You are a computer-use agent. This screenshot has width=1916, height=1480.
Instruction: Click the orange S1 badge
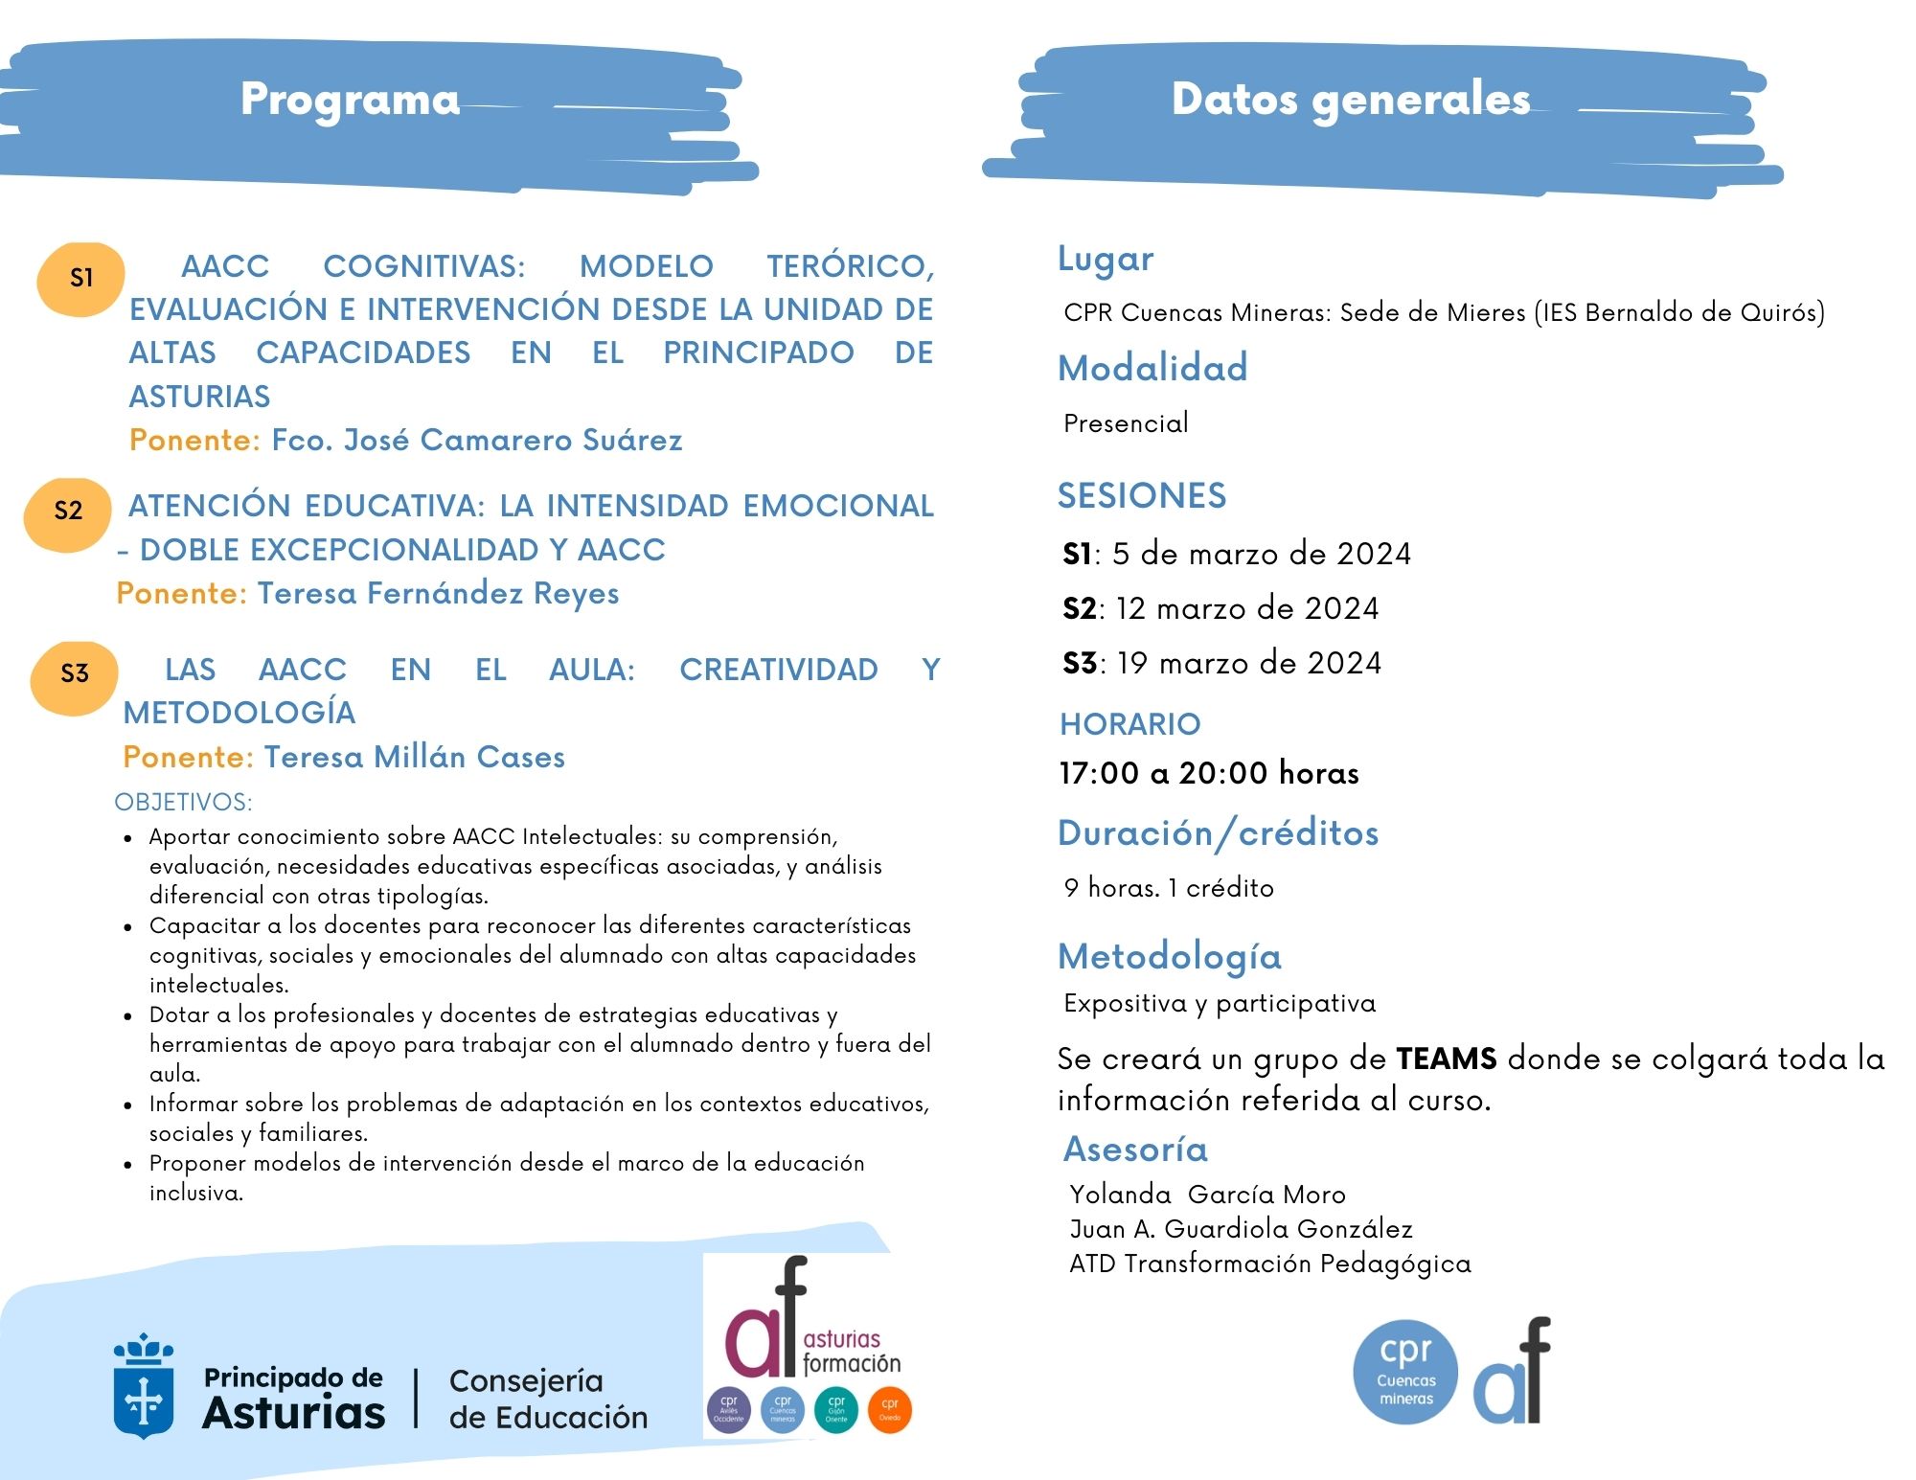pos(81,278)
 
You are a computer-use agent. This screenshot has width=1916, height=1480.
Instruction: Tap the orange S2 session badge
pos(68,511)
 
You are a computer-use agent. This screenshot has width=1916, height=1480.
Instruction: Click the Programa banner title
pos(351,99)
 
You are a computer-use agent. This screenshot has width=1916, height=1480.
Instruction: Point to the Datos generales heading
pos(1351,99)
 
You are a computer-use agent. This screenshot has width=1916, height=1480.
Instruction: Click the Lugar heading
pos(1106,259)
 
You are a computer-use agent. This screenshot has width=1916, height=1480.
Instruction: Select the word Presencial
pos(1126,423)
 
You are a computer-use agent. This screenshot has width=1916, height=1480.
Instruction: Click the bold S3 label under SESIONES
pos(1080,663)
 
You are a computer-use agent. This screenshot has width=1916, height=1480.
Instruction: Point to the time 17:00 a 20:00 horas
pos(1209,773)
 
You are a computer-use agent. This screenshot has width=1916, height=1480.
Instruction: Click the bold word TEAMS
pos(1447,1059)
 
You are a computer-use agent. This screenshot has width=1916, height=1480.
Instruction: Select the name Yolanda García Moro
pos(1207,1195)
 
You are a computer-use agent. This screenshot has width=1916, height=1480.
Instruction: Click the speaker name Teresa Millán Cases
pos(415,757)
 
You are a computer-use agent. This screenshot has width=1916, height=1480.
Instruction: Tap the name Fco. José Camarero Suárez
pos(477,440)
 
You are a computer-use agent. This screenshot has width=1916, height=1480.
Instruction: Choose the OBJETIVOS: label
pos(183,802)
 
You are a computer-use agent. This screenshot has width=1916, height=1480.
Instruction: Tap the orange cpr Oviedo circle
pos(890,1409)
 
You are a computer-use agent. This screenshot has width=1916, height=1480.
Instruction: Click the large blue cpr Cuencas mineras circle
pos(1405,1372)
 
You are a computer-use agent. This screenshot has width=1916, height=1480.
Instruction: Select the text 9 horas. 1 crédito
pos(1169,888)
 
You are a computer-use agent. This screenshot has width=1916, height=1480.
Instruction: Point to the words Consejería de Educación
pos(548,1399)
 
